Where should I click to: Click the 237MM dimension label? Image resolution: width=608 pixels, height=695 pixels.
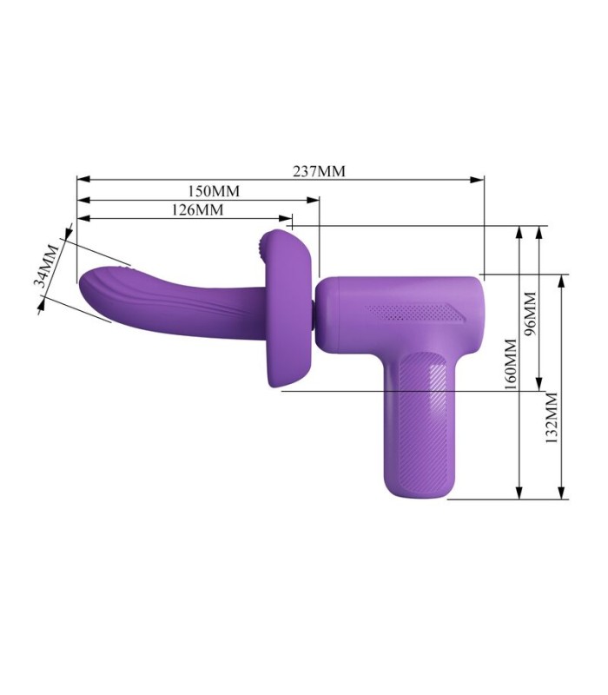[319, 171]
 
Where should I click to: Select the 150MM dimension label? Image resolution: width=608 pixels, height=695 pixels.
[214, 191]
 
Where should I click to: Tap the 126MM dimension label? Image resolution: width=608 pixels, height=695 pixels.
[198, 209]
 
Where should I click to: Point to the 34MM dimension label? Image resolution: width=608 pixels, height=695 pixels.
[47, 266]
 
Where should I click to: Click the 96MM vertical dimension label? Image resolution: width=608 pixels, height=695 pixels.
[530, 314]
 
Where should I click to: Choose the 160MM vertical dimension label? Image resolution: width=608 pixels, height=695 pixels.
[511, 364]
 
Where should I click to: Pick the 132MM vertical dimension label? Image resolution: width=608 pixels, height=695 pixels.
[551, 418]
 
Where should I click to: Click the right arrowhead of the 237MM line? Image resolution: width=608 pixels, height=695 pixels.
[477, 180]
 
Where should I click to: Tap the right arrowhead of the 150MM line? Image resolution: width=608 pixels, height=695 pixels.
[313, 200]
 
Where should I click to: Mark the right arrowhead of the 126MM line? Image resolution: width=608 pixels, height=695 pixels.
[286, 218]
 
